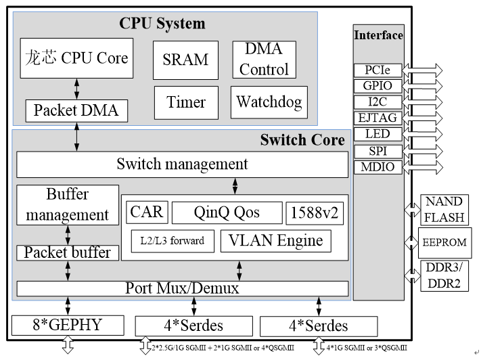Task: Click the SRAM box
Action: coord(185,59)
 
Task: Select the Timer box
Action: coord(185,102)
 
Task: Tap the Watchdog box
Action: coord(268,102)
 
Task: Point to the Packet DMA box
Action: coord(76,110)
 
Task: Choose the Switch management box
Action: coord(182,164)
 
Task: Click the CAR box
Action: coord(146,212)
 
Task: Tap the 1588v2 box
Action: coord(314,212)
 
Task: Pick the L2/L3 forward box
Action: coord(173,240)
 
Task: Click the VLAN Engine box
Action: coord(276,240)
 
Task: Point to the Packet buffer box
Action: coord(68,252)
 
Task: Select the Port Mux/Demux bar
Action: coord(182,288)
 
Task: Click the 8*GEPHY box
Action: coord(68,324)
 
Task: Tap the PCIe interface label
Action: coord(377,70)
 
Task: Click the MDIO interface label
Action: coord(377,166)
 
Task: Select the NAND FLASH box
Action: coord(444,210)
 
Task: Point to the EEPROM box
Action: coord(444,242)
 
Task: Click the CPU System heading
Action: coord(162,24)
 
